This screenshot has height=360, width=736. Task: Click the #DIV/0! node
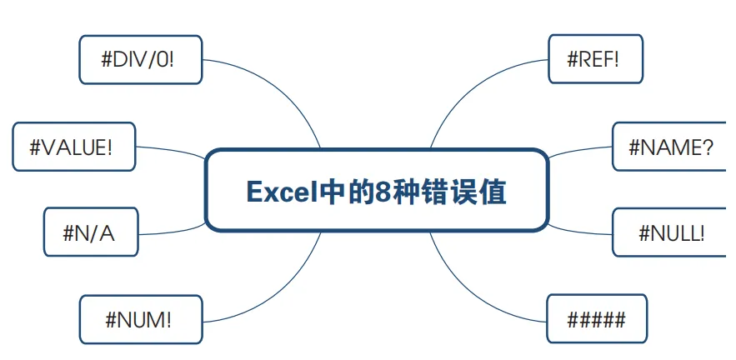tap(140, 59)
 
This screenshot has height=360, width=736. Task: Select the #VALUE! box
tap(73, 147)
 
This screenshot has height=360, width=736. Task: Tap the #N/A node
tap(90, 232)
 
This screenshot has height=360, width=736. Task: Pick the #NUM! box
tap(140, 319)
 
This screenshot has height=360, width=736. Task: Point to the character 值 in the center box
tap(493, 192)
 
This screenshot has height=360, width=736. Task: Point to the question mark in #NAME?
tap(706, 147)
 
